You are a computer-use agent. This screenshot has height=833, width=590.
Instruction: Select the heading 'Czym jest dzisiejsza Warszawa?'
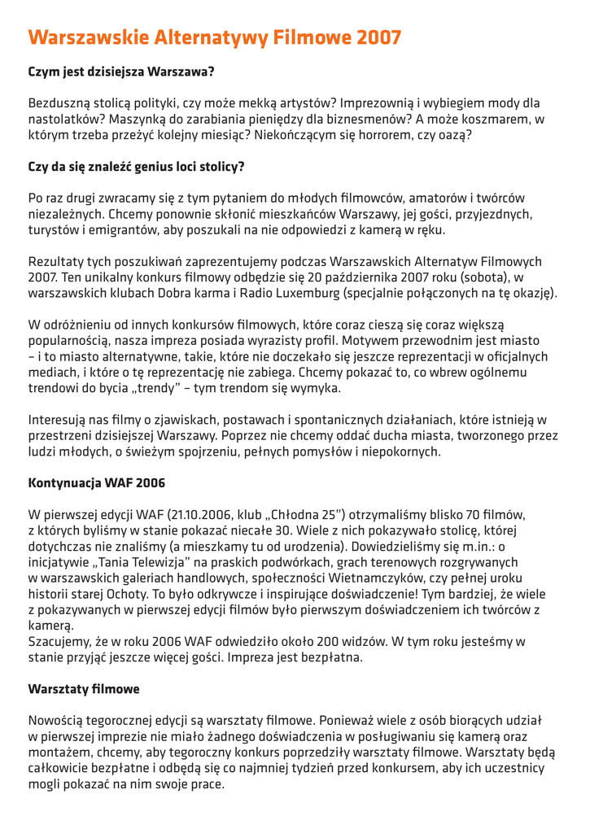pyautogui.click(x=121, y=72)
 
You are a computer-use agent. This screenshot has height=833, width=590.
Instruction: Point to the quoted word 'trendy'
pyautogui.click(x=186, y=388)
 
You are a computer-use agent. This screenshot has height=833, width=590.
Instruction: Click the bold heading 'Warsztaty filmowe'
pyautogui.click(x=84, y=689)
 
